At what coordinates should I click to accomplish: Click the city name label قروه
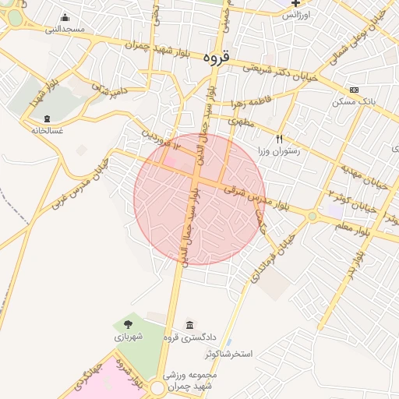[x=217, y=58]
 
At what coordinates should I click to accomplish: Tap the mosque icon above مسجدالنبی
[x=64, y=18]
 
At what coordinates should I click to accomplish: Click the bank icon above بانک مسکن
[x=355, y=90]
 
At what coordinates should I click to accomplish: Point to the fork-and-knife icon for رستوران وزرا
[x=280, y=139]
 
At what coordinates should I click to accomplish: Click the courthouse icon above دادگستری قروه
[x=189, y=324]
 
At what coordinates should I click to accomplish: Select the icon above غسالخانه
[x=48, y=118]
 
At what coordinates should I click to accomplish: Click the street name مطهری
[x=242, y=122]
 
